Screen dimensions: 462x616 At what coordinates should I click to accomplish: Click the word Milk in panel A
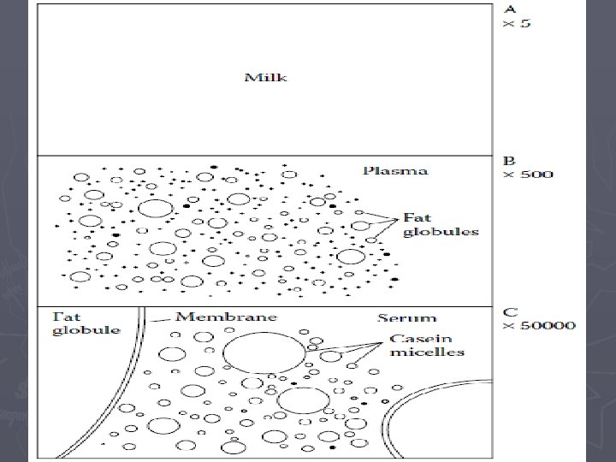266,78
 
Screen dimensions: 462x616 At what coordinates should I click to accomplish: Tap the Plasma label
395,170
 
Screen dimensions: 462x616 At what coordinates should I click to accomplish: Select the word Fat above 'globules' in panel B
416,217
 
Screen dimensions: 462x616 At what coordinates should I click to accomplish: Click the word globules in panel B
441,232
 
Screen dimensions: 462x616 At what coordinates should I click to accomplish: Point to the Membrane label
226,317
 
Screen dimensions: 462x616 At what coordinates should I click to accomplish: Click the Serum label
407,318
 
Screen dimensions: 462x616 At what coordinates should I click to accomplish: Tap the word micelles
427,352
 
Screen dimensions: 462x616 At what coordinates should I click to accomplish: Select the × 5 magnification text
515,23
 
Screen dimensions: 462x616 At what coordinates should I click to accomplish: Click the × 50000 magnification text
538,325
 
